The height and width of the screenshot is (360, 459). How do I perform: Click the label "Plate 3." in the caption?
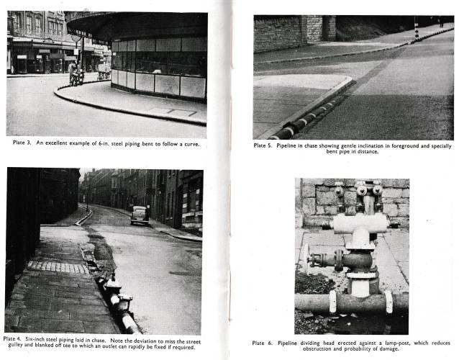pos(26,143)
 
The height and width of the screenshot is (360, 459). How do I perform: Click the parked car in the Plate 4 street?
pos(140,215)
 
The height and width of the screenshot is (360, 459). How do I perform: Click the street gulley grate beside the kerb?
pos(88,255)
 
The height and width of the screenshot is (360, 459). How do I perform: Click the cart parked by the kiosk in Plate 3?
pos(104,73)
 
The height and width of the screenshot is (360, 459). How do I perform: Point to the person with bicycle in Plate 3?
pos(75,73)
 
